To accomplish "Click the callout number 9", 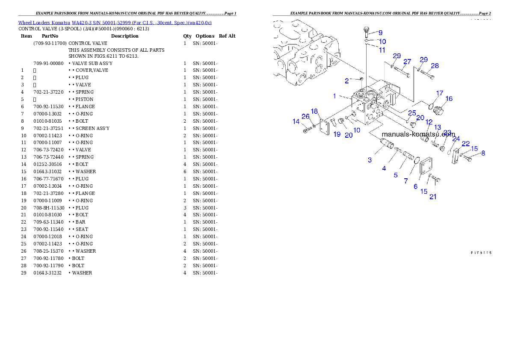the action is (x=380, y=32).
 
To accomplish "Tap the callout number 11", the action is (x=382, y=50).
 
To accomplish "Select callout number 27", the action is (x=407, y=62).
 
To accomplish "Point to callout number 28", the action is (x=435, y=66).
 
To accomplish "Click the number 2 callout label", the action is (x=347, y=81).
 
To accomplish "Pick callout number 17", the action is (x=439, y=93).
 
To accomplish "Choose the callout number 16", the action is (x=449, y=99).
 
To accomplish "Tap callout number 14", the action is (x=296, y=122).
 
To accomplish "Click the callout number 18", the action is (x=314, y=112).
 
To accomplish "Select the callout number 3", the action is (x=370, y=160).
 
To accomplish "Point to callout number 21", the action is (x=433, y=197).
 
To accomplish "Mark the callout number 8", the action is (x=483, y=153).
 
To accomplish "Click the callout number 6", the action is (x=415, y=186).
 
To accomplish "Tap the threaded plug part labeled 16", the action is (x=438, y=111).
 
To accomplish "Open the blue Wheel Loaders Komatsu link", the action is (x=115, y=22).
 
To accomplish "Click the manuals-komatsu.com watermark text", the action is (x=418, y=134).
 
